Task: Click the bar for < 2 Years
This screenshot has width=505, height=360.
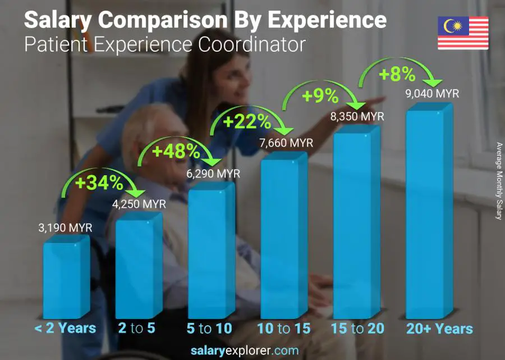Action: click(x=66, y=278)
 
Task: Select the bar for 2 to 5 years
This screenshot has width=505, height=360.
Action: click(x=139, y=267)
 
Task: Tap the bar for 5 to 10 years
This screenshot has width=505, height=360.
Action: click(x=211, y=253)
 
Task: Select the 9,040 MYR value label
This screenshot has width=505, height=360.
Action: click(x=431, y=94)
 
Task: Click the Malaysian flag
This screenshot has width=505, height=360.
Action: click(x=463, y=33)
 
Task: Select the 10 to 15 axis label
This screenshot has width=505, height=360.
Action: click(x=284, y=329)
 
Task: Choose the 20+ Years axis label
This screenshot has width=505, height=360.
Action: click(x=440, y=329)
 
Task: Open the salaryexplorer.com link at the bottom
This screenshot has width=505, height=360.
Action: click(x=252, y=351)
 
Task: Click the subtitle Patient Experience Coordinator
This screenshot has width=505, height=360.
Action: click(x=165, y=44)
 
